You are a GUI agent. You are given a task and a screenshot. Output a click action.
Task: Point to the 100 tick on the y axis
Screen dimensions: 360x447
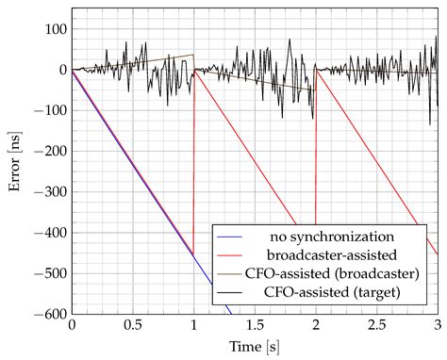click(54, 29)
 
